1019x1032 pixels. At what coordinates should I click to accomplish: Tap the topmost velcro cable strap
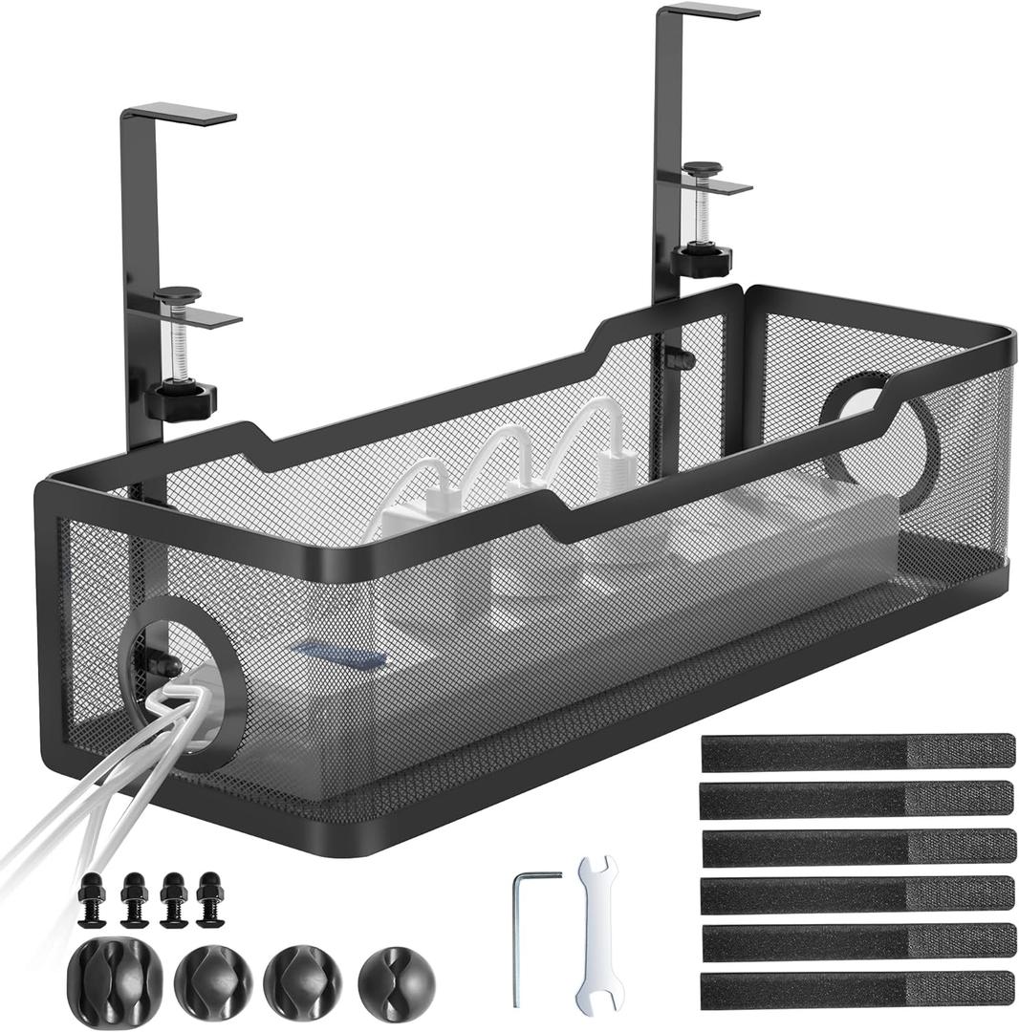856,752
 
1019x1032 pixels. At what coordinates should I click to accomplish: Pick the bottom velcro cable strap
856,988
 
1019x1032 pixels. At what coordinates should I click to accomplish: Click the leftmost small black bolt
92,899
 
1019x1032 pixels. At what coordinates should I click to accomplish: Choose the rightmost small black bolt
208,899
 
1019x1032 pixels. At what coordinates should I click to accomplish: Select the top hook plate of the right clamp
711,11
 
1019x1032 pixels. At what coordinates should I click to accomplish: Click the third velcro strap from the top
856,847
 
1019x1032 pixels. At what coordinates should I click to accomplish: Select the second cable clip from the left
212,978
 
